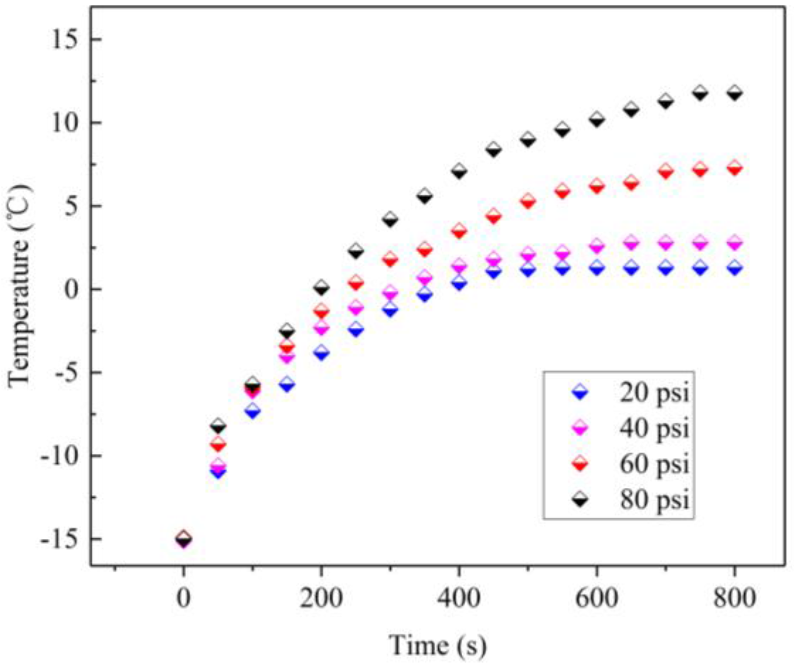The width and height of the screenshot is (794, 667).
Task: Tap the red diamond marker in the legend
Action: (580, 464)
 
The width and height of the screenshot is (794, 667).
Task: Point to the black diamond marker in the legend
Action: (580, 500)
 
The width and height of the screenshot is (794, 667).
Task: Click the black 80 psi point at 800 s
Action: (734, 92)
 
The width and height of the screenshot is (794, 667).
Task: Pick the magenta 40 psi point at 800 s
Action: (734, 243)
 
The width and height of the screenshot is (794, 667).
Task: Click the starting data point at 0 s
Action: (184, 539)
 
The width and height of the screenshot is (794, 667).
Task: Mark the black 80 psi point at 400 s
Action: (459, 171)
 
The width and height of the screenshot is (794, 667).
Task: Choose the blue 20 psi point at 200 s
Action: (321, 353)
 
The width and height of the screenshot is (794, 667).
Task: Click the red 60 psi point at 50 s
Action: (218, 444)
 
